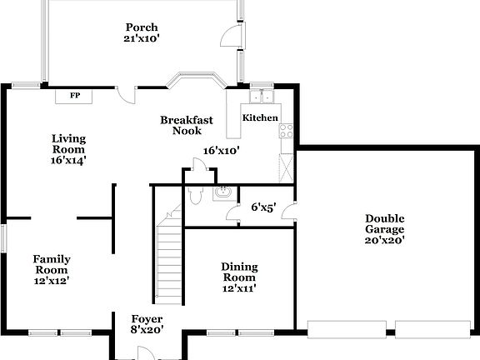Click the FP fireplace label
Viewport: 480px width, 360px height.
pos(74,96)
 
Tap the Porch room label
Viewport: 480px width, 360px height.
pos(142,27)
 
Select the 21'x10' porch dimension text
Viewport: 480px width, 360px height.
pos(142,38)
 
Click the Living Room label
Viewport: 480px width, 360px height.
pos(68,143)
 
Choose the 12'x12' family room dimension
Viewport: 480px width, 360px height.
pos(51,281)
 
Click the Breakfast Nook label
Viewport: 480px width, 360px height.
pos(186,125)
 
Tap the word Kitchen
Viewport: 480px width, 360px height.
pos(260,118)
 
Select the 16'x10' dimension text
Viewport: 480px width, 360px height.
pos(222,152)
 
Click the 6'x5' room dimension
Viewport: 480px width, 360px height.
pos(264,207)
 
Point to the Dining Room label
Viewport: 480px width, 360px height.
pos(239,272)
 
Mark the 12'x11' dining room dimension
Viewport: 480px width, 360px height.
pos(239,288)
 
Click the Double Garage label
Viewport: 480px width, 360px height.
pos(384,224)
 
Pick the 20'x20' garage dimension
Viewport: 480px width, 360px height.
pos(384,241)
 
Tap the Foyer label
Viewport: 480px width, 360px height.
pos(147,319)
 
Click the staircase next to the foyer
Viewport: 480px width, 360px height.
pos(170,258)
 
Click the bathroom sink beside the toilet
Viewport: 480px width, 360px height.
pos(221,194)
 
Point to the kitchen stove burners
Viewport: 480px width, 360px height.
pos(287,130)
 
